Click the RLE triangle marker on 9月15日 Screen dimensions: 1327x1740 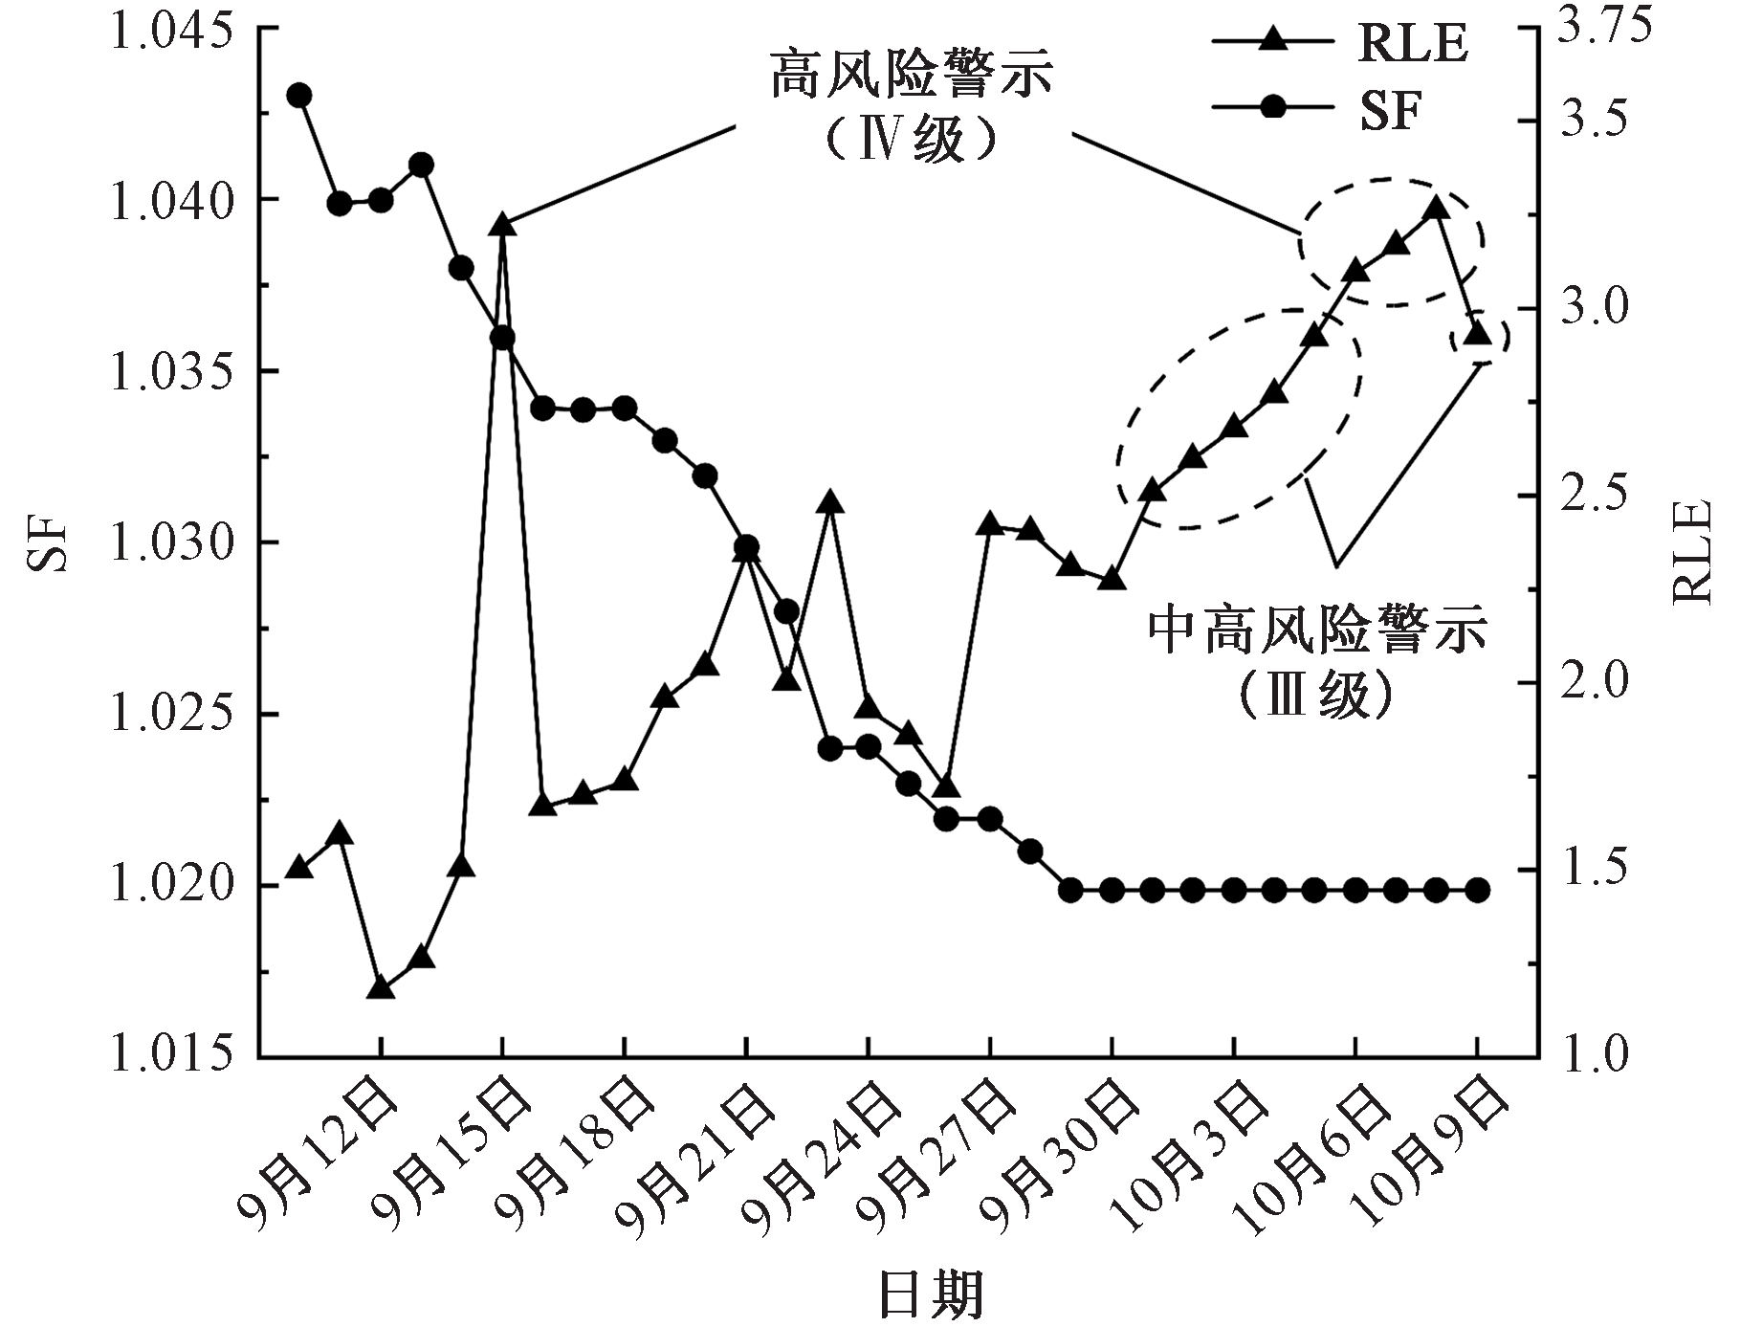pyautogui.click(x=502, y=225)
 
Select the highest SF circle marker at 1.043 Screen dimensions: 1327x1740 pyautogui.click(x=299, y=95)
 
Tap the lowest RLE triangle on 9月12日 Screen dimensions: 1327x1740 pyautogui.click(x=381, y=987)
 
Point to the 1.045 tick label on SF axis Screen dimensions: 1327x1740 pyautogui.click(x=173, y=29)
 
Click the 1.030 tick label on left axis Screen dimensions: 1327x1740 pyautogui.click(x=173, y=543)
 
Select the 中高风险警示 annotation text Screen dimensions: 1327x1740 pyautogui.click(x=1317, y=631)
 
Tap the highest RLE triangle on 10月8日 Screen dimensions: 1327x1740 pyautogui.click(x=1436, y=209)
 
